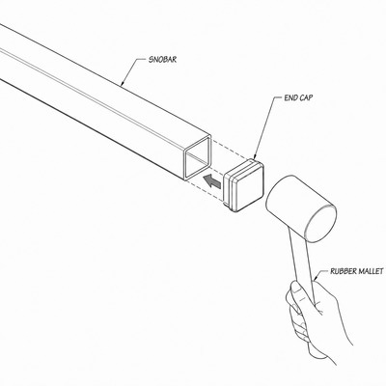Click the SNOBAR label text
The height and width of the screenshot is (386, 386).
pos(162,60)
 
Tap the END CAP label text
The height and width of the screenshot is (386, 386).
pos(298,97)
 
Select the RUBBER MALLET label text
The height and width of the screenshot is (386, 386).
pos(357,271)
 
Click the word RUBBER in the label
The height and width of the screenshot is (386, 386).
pos(343,271)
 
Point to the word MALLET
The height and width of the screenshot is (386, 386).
pos(371,271)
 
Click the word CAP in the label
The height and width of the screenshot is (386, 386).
pos(306,97)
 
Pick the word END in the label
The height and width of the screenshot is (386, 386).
pos(290,97)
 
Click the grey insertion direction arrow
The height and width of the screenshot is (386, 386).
pos(211,180)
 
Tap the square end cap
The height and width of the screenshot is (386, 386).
pos(243,185)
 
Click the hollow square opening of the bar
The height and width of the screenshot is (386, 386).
pos(198,157)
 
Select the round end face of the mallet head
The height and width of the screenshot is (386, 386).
pos(320,223)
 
